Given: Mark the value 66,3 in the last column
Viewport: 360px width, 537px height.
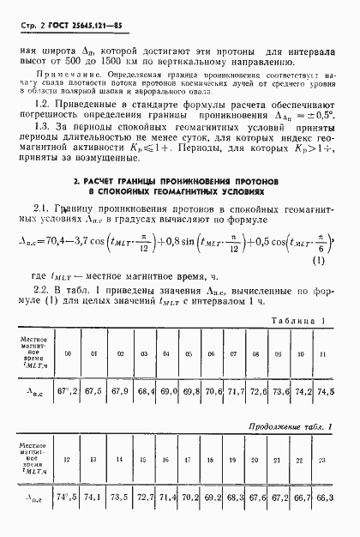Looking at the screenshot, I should (325, 497).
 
